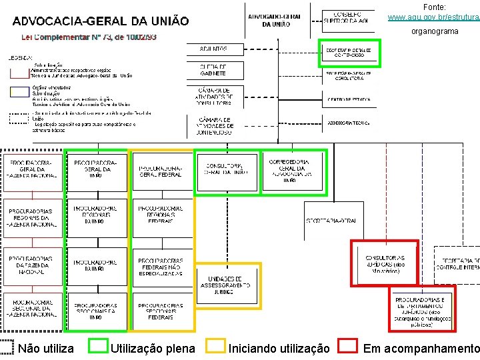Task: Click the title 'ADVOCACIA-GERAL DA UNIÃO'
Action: click(101, 22)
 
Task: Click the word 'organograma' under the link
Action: click(435, 31)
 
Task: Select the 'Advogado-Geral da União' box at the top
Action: click(275, 20)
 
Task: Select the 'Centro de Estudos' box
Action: click(349, 100)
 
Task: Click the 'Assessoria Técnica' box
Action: click(349, 123)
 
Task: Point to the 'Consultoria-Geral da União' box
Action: click(227, 169)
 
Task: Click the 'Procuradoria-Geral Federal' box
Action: click(161, 171)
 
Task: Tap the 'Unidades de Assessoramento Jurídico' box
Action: click(226, 286)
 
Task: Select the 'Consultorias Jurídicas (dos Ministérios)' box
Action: click(385, 261)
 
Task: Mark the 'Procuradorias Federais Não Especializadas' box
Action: click(161, 267)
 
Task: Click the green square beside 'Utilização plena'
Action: click(99, 346)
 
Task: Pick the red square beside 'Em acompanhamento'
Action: click(348, 346)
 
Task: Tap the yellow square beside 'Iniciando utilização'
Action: click(216, 346)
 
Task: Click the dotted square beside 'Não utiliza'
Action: click(7, 346)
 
